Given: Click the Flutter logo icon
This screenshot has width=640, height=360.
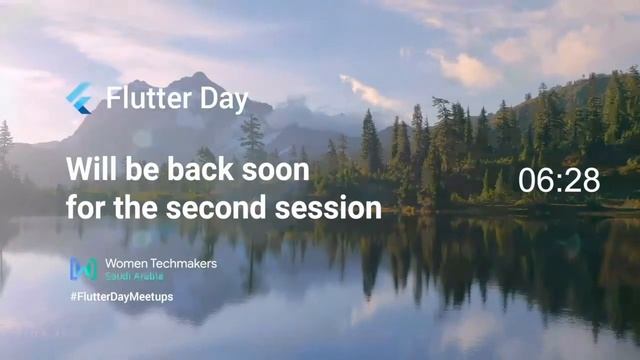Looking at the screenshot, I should tap(79, 98).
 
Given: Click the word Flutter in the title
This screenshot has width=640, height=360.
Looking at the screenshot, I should tap(143, 99).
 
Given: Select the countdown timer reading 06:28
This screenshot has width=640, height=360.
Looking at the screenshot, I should tap(559, 180).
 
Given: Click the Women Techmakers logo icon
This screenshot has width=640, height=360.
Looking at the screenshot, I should tap(83, 268).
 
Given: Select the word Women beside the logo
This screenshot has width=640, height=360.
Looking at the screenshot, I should tap(126, 263).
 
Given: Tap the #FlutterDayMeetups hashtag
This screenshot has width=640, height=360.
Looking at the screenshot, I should tap(121, 297).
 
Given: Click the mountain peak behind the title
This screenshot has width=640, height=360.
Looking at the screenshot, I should tap(200, 78).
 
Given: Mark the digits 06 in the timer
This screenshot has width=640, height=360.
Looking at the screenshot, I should tap(535, 180).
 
